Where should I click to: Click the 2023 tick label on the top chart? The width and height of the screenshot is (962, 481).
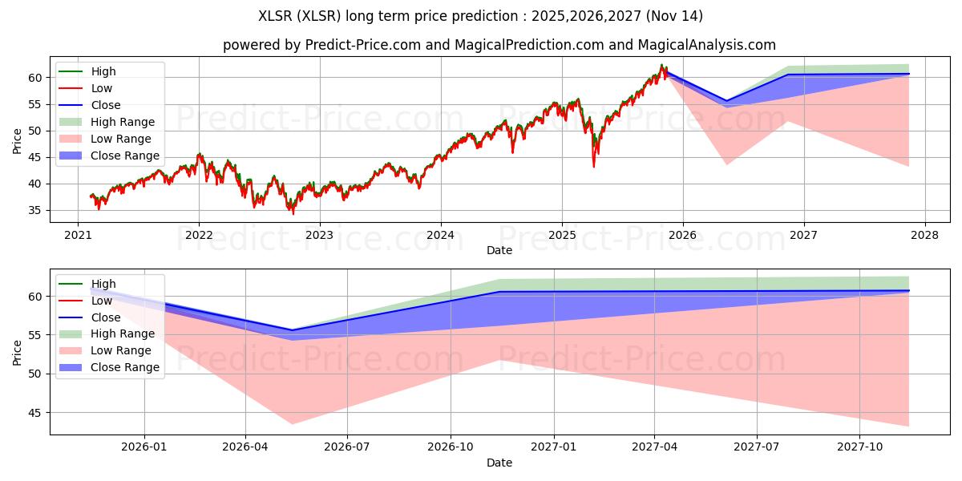(x=319, y=236)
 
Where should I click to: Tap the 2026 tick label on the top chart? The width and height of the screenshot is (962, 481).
(x=682, y=236)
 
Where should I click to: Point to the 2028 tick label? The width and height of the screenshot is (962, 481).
(x=924, y=236)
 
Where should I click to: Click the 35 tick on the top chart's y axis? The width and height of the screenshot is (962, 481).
(x=35, y=210)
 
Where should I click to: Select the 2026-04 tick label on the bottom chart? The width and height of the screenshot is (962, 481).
(x=245, y=447)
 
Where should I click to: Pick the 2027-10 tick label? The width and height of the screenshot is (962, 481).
(x=859, y=447)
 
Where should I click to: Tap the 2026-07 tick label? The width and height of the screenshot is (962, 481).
(x=347, y=447)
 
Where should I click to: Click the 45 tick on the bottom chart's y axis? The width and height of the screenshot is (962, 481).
(x=35, y=413)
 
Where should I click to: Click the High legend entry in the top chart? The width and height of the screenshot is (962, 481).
(x=87, y=71)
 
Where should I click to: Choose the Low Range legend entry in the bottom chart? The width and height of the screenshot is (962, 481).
(x=105, y=350)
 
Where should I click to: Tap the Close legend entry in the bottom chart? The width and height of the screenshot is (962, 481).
(x=90, y=317)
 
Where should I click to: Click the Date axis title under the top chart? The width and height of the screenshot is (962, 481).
(x=499, y=250)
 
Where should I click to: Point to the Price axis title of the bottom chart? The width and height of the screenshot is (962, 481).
(x=17, y=353)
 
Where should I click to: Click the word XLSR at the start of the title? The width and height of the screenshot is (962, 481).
(x=275, y=16)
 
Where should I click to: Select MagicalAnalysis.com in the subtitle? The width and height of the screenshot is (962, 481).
(x=707, y=45)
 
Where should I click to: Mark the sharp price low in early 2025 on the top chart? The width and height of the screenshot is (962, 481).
(x=594, y=167)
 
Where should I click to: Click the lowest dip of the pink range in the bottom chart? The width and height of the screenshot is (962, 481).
(x=292, y=424)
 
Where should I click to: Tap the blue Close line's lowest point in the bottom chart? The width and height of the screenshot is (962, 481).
(x=292, y=330)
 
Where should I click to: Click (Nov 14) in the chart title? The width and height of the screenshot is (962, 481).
(x=674, y=16)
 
